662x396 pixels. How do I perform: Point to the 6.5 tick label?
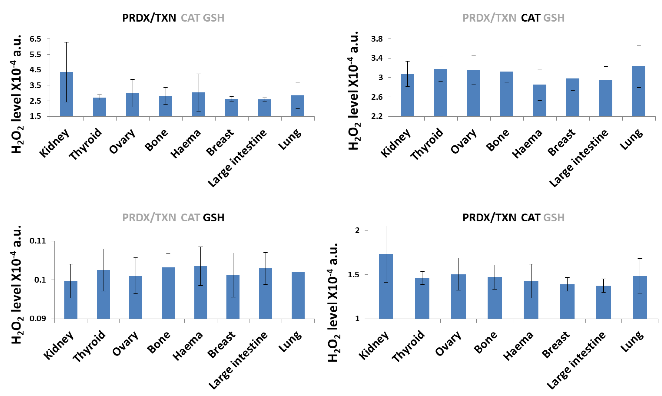click(x=35, y=39)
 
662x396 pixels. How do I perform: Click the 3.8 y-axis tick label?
click(x=377, y=39)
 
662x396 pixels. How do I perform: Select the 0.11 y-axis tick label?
click(x=38, y=241)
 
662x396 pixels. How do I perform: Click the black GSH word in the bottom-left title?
click(x=213, y=218)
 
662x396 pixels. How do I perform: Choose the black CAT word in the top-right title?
click(x=530, y=18)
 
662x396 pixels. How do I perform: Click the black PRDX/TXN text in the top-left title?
click(x=149, y=18)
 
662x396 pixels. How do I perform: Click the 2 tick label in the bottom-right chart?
click(x=357, y=230)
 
